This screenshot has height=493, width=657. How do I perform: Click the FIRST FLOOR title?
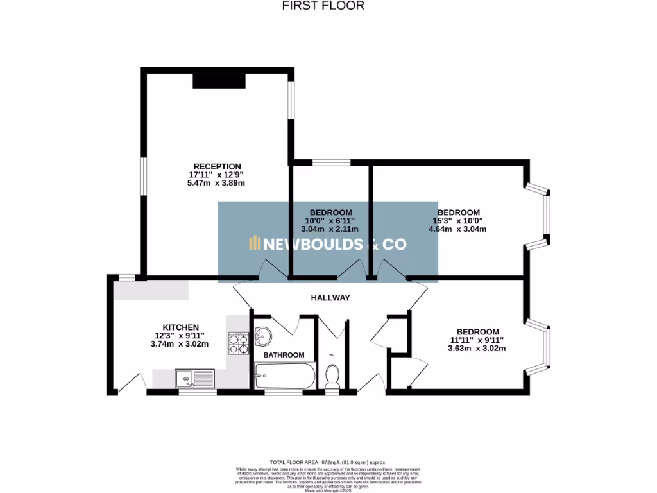pyautogui.click(x=323, y=6)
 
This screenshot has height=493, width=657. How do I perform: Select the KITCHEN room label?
pyautogui.click(x=180, y=327)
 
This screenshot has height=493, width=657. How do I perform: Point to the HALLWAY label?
pyautogui.click(x=330, y=298)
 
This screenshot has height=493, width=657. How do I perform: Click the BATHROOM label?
pyautogui.click(x=284, y=355)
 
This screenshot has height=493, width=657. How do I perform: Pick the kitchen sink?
pyautogui.click(x=194, y=378)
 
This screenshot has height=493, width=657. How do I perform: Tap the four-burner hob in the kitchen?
pyautogui.click(x=239, y=343)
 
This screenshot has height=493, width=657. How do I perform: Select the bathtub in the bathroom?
pyautogui.click(x=285, y=375)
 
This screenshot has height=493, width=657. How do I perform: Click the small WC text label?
pyautogui.click(x=332, y=354)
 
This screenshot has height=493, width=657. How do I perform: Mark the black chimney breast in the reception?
pyautogui.click(x=219, y=80)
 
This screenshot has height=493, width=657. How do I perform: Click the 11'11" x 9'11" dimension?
pyautogui.click(x=475, y=340)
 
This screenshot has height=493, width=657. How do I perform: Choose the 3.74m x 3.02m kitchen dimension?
pyautogui.click(x=180, y=344)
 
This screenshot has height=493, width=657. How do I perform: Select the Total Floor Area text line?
pyautogui.click(x=328, y=462)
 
